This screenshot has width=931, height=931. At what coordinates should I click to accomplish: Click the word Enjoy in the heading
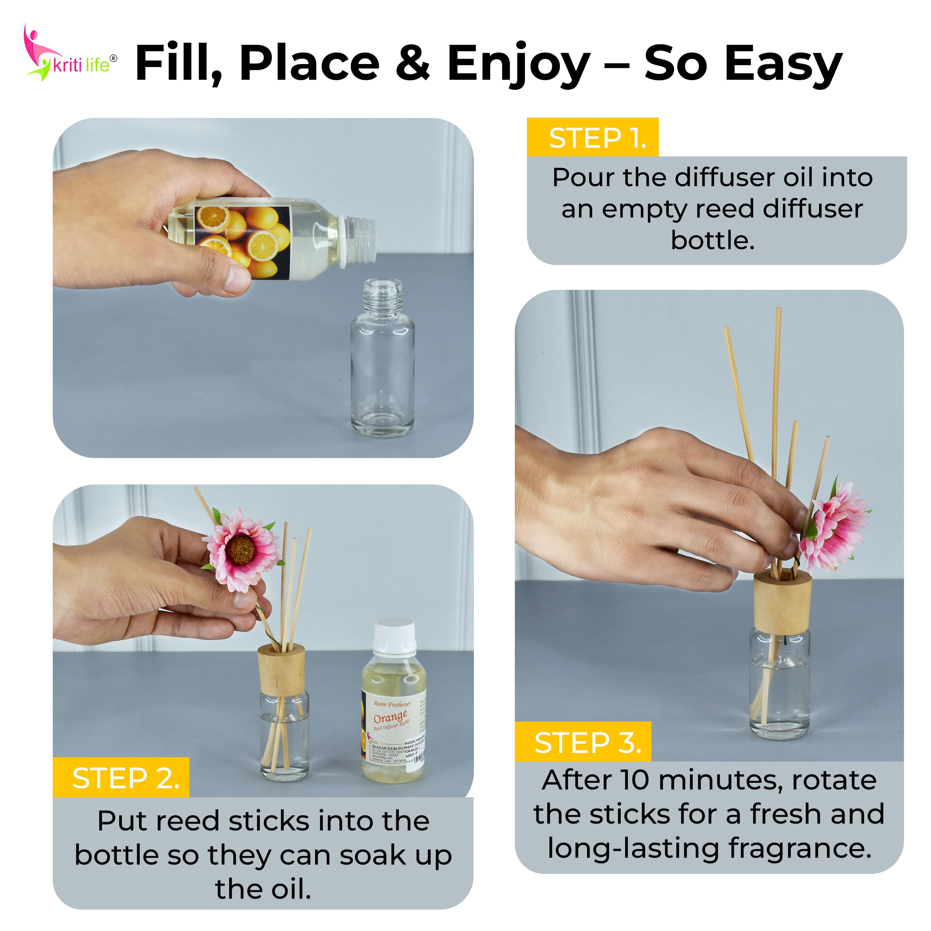click(518, 64)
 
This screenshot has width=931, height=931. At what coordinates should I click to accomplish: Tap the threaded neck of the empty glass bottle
click(382, 295)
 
